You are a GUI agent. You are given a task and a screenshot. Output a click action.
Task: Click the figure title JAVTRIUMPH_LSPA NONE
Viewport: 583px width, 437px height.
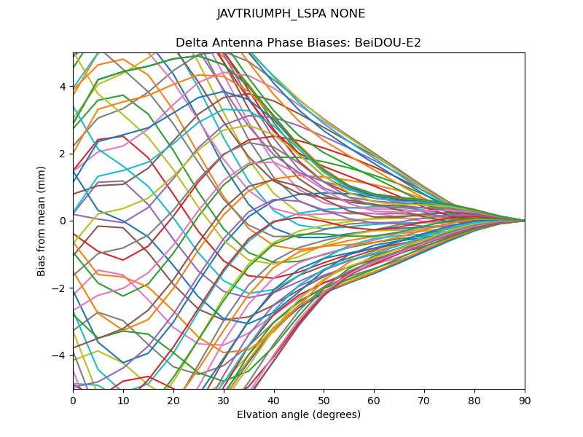click(x=291, y=14)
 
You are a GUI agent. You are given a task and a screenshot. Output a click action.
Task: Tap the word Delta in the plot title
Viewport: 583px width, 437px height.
click(x=191, y=43)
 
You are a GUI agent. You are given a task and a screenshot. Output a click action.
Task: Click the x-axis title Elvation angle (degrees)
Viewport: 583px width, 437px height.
click(x=298, y=415)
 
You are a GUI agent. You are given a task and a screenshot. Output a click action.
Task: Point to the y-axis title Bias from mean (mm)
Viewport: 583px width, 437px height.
click(x=42, y=221)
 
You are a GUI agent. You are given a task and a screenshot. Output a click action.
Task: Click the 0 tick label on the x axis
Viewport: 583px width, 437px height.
click(x=73, y=400)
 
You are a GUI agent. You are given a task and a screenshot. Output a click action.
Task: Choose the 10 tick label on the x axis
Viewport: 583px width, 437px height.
click(x=123, y=400)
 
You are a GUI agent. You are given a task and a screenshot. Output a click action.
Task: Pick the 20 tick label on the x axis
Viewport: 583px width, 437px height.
click(x=173, y=400)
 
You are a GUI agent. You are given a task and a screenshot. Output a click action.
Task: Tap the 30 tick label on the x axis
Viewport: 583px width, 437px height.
click(x=224, y=400)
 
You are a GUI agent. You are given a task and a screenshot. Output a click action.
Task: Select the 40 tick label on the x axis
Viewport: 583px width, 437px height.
click(x=274, y=400)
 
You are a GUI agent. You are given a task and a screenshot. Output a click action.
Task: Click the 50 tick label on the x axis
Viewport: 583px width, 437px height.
click(x=324, y=400)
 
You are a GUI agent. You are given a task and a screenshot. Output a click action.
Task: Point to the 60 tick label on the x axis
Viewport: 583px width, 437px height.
click(x=374, y=400)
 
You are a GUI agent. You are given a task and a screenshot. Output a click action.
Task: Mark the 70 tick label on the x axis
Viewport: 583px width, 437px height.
click(x=424, y=400)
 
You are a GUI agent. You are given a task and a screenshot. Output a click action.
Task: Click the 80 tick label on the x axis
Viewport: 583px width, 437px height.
click(x=474, y=400)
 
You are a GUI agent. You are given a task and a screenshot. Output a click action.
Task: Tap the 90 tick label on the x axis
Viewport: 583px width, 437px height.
click(x=525, y=400)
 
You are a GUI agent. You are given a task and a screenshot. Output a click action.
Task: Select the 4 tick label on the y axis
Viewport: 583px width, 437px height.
click(x=63, y=87)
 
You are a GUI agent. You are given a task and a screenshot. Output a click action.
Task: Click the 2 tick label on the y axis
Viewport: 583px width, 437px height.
click(x=63, y=154)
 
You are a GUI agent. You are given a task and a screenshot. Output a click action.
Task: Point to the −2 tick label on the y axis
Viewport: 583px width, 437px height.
click(x=60, y=288)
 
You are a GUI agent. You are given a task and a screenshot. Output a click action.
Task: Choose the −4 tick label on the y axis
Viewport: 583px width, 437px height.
click(x=60, y=355)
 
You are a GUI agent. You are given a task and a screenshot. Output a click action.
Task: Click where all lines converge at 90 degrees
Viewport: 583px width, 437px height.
click(x=524, y=221)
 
